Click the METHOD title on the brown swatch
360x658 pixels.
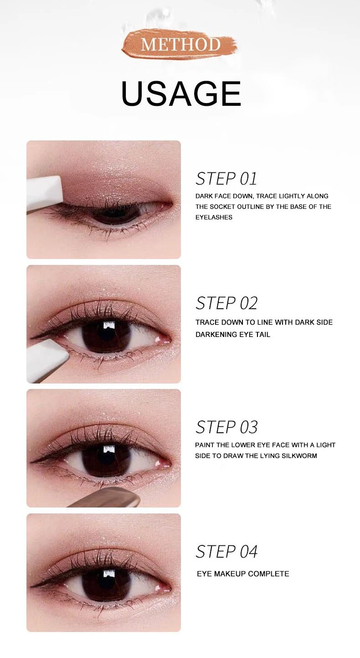point(180,44)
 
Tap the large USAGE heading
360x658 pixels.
point(181,93)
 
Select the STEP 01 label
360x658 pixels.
point(226,179)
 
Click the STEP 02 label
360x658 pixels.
point(226,303)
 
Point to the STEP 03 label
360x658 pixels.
point(226,427)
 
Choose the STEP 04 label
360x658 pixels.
point(226,551)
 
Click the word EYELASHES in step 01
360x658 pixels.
point(214,218)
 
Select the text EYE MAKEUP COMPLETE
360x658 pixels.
point(243,574)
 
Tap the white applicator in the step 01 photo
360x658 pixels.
point(44,194)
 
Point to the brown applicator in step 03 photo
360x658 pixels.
point(106,497)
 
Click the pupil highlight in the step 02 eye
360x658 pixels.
point(109,325)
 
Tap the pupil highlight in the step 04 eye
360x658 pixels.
point(109,573)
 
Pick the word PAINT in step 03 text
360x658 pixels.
point(205,445)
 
